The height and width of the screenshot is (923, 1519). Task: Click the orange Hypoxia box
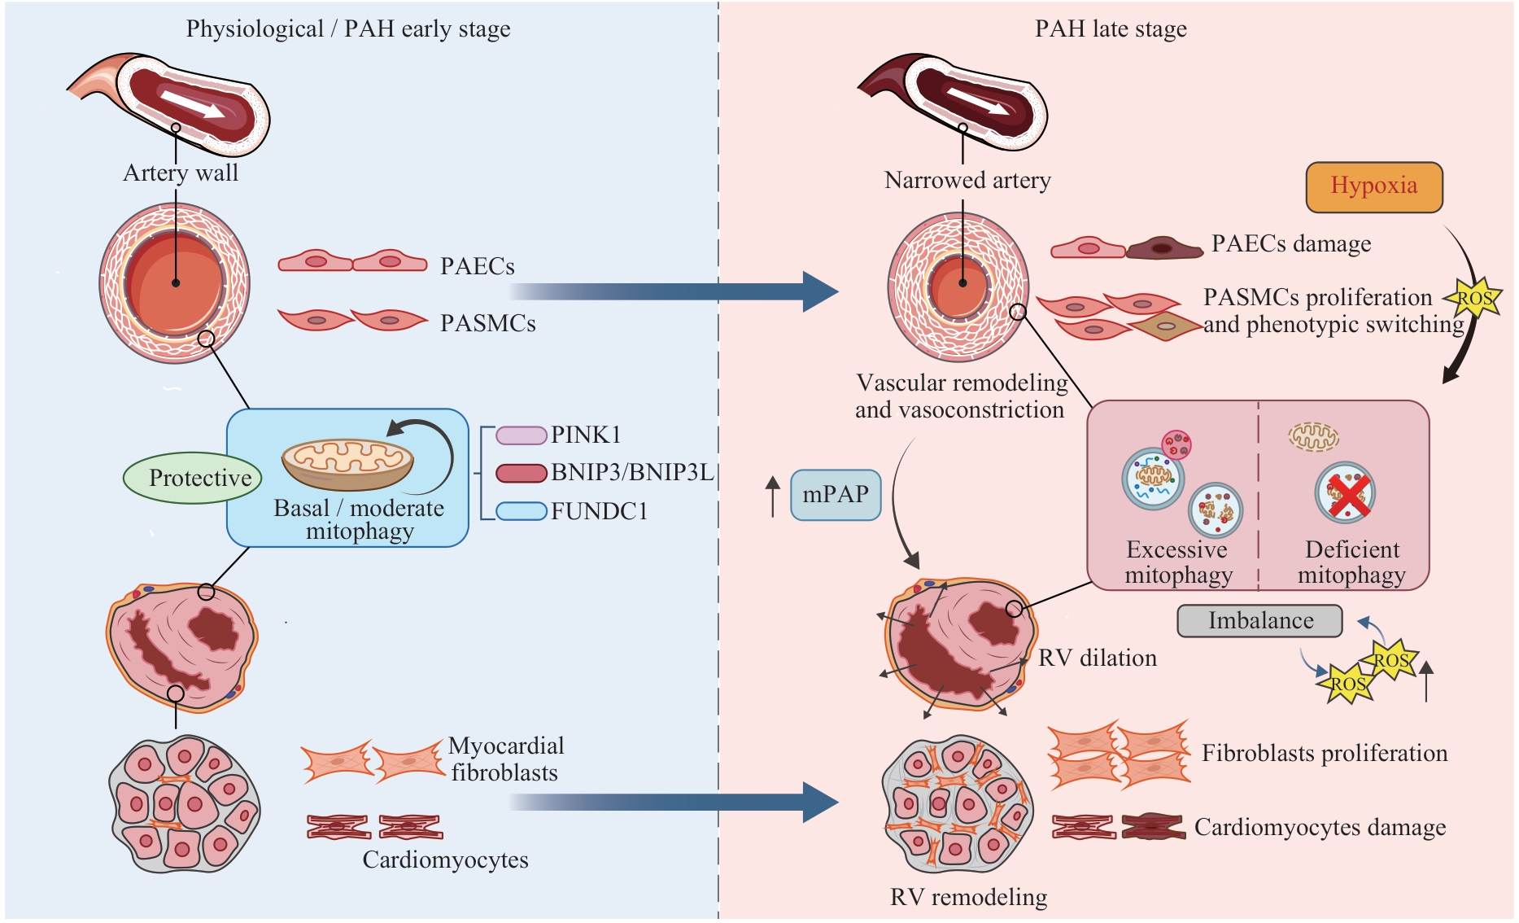[x=1373, y=186]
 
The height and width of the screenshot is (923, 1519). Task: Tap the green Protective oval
[x=193, y=478]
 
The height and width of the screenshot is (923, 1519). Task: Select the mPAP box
[x=836, y=494]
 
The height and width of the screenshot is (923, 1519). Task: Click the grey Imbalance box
[x=1259, y=620]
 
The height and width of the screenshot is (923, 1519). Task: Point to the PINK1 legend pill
[x=521, y=435]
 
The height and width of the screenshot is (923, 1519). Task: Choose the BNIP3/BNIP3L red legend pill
[x=521, y=473]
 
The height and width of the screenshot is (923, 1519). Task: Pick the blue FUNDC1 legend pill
[x=521, y=511]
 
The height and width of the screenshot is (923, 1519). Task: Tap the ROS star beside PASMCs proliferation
[x=1473, y=299]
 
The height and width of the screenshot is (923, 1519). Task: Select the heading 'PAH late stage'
[x=1111, y=29]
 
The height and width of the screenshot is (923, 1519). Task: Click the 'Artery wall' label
[x=181, y=173]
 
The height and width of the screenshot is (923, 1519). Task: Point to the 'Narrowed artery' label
[x=967, y=180]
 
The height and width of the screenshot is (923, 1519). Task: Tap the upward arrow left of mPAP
[x=773, y=496]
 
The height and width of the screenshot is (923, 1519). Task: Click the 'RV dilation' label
[x=1098, y=658]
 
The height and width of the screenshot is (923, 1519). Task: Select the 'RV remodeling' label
[x=968, y=897]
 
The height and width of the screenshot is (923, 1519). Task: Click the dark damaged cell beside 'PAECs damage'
[x=1164, y=247]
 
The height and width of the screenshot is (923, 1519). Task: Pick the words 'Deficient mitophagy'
[x=1351, y=562]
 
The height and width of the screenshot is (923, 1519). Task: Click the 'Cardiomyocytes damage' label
[x=1320, y=827]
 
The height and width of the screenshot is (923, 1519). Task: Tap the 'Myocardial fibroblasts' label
[x=505, y=759]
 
